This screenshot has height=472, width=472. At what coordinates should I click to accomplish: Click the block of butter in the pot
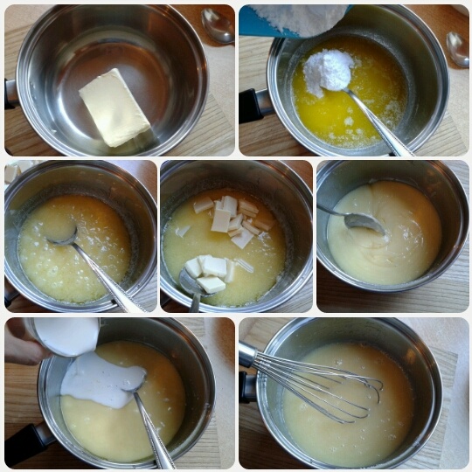[115, 107]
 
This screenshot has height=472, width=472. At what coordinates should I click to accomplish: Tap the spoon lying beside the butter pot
[218, 24]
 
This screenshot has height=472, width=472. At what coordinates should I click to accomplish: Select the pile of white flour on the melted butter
[329, 71]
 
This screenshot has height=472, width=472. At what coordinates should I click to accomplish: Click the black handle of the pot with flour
[254, 105]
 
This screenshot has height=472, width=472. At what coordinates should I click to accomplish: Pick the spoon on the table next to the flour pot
[457, 48]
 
